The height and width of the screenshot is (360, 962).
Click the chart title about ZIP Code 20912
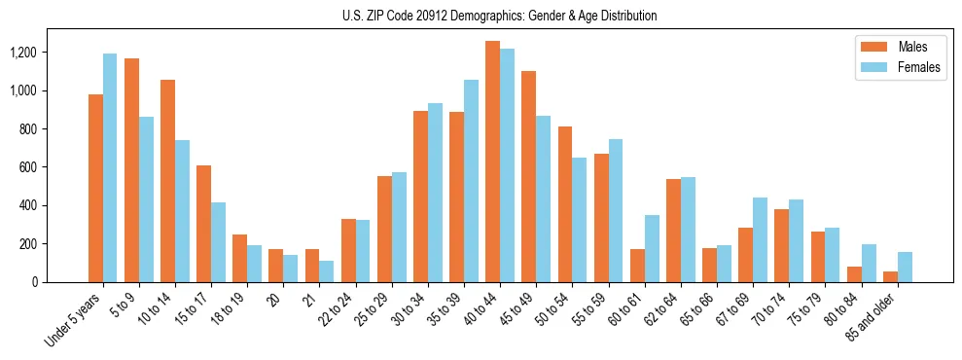(x=499, y=16)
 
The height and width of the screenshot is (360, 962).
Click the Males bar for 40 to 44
(x=493, y=162)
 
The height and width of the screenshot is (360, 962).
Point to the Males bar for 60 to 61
(x=638, y=266)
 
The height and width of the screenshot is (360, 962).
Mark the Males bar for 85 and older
(x=891, y=276)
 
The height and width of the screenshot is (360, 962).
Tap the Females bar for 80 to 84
(x=869, y=263)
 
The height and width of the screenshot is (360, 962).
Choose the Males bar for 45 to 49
(x=529, y=176)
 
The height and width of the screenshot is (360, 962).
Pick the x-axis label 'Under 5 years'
(x=72, y=321)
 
